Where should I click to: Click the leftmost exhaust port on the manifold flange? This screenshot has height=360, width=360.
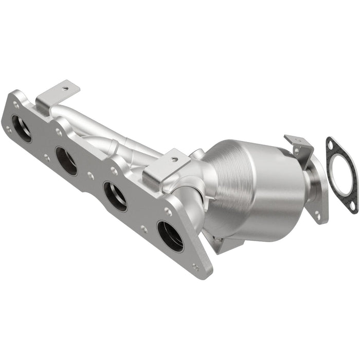point(21,128)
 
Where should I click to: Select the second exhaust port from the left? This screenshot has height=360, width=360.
point(66,161)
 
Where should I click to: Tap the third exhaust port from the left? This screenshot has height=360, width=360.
point(115,196)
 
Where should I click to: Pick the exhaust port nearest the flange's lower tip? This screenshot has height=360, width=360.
point(170,236)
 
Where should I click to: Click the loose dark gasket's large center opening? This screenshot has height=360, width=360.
point(343,175)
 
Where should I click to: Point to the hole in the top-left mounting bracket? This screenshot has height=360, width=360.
point(63,88)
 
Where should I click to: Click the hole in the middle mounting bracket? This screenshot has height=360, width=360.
point(174,159)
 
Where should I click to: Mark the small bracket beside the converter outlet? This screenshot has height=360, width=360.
point(298,147)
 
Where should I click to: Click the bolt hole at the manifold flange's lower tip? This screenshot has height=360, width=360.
point(195,266)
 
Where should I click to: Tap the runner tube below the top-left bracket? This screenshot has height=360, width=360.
point(77,116)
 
